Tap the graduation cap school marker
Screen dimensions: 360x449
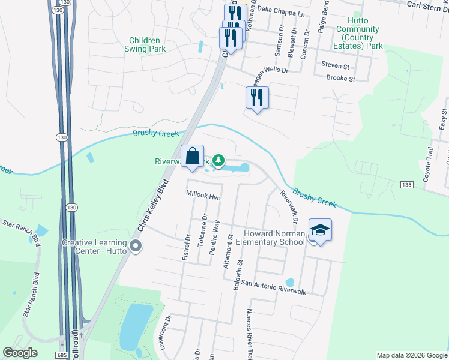(320, 230)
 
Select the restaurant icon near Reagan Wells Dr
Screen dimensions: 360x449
(257, 98)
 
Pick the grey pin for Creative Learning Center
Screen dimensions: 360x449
(136, 246)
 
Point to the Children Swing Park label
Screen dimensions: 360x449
(146, 44)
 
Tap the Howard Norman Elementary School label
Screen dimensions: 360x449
(274, 238)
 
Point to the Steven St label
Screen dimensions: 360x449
(336, 64)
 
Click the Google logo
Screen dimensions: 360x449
(20, 353)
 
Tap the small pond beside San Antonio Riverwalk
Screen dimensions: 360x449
(290, 282)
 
